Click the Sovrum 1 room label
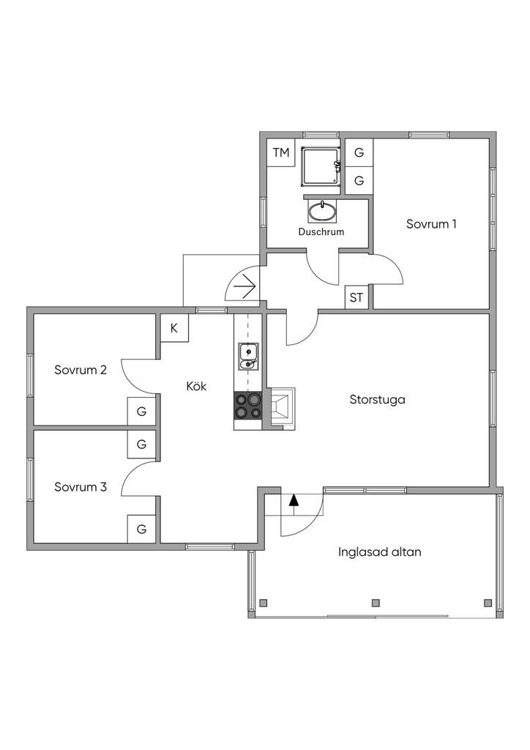tap(431, 224)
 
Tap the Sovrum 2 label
tap(81, 370)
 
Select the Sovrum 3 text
tap(81, 486)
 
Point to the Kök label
tap(196, 386)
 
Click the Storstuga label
tap(377, 400)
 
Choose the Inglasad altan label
tap(379, 552)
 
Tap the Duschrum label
tap(321, 231)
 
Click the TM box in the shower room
tap(281, 153)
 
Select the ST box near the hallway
tap(357, 297)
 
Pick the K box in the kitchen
tap(174, 328)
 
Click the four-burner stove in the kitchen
tap(248, 406)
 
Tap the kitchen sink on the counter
tap(248, 354)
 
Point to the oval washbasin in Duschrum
tap(322, 212)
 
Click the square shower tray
tap(321, 166)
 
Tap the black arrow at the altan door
tap(294, 501)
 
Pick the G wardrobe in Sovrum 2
tap(142, 412)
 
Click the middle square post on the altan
tap(376, 603)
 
